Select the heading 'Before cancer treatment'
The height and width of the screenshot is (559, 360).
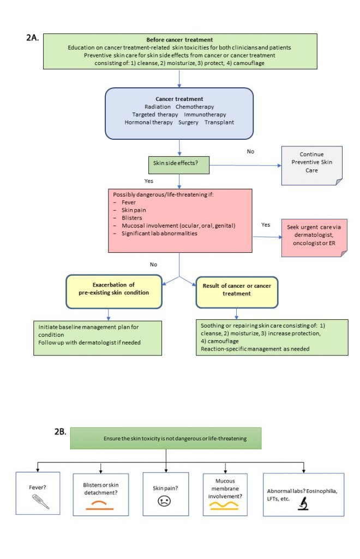(179, 40)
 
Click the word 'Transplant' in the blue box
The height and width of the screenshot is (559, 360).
(219, 122)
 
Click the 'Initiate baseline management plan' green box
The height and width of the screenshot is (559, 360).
(98, 338)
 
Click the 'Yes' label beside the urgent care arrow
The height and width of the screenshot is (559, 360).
(266, 224)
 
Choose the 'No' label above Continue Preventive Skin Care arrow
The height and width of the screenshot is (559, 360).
(250, 151)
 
